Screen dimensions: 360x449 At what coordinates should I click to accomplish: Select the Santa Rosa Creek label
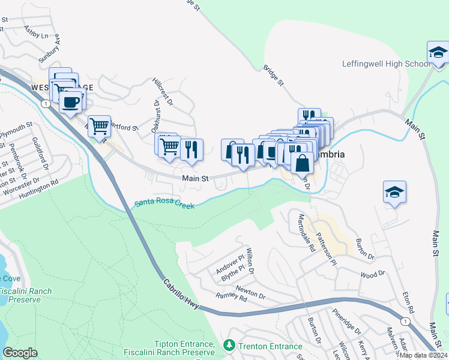tap(164, 204)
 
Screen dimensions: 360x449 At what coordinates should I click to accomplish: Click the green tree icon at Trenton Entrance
tap(228, 346)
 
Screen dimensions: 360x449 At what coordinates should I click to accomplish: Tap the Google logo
tap(20, 353)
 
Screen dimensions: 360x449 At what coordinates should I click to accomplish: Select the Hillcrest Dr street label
tap(163, 91)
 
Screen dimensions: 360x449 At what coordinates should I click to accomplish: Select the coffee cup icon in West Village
tap(71, 101)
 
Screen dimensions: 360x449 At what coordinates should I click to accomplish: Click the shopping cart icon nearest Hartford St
tap(99, 126)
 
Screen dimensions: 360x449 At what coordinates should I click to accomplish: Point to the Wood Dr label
tap(372, 274)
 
